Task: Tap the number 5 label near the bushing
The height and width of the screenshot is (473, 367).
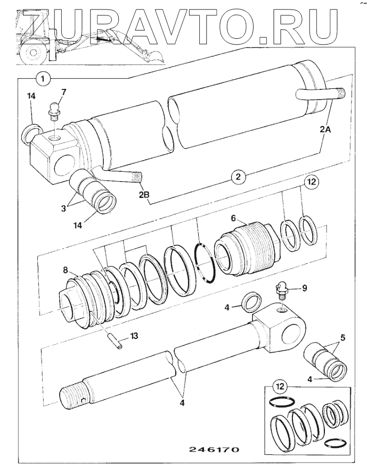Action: coord(341,337)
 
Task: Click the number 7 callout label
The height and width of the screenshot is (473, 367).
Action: coord(63,92)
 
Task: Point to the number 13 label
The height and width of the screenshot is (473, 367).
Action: coord(134,336)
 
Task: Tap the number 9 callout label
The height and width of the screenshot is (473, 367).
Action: coord(304,288)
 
